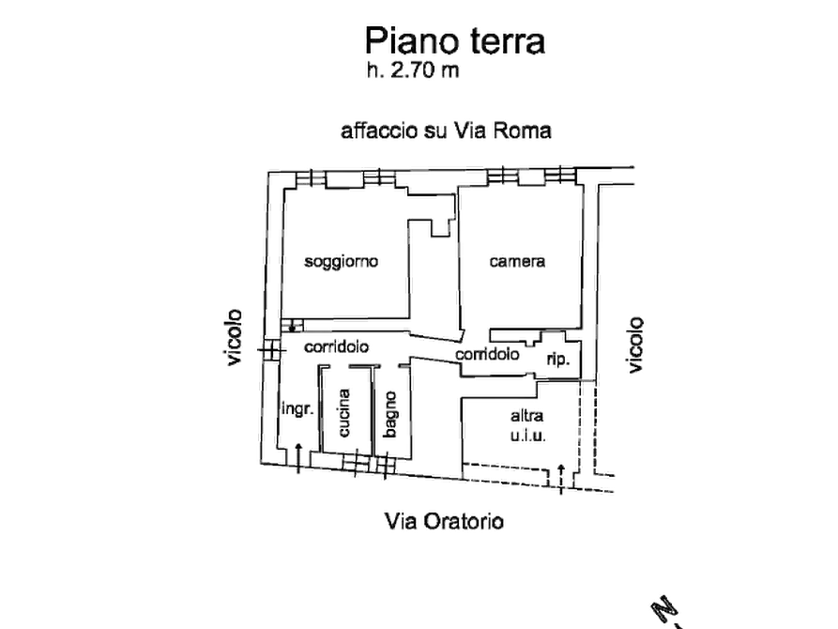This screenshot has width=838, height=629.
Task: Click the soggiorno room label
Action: point(342,261)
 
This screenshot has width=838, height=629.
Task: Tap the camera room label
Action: point(517,261)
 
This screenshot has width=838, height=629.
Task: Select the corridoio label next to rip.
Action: point(487,356)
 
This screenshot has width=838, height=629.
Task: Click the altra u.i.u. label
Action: point(528,426)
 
